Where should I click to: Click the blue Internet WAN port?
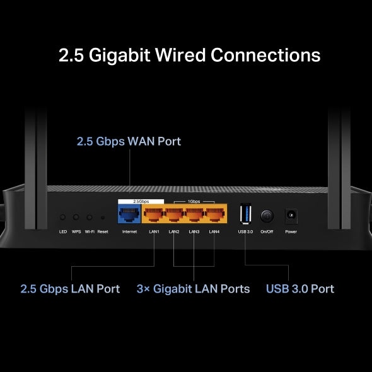tap(130, 216)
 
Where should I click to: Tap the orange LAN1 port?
tap(154, 216)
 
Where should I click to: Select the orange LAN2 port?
tap(174, 216)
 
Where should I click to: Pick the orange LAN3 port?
tap(194, 216)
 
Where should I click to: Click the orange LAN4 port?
tap(214, 216)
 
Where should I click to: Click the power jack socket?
tap(291, 216)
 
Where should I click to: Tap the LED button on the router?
tap(63, 217)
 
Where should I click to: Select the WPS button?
tap(76, 217)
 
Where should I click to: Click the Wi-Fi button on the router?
tap(90, 217)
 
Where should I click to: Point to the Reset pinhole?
tap(103, 218)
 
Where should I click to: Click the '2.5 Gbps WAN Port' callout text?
tap(129, 141)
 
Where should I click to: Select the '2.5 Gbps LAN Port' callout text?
tap(70, 289)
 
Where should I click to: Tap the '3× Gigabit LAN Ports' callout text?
tap(193, 289)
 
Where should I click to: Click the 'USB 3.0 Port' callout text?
tap(300, 289)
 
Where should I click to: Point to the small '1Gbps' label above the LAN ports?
tap(195, 201)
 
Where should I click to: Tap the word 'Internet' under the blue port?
tap(130, 231)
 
